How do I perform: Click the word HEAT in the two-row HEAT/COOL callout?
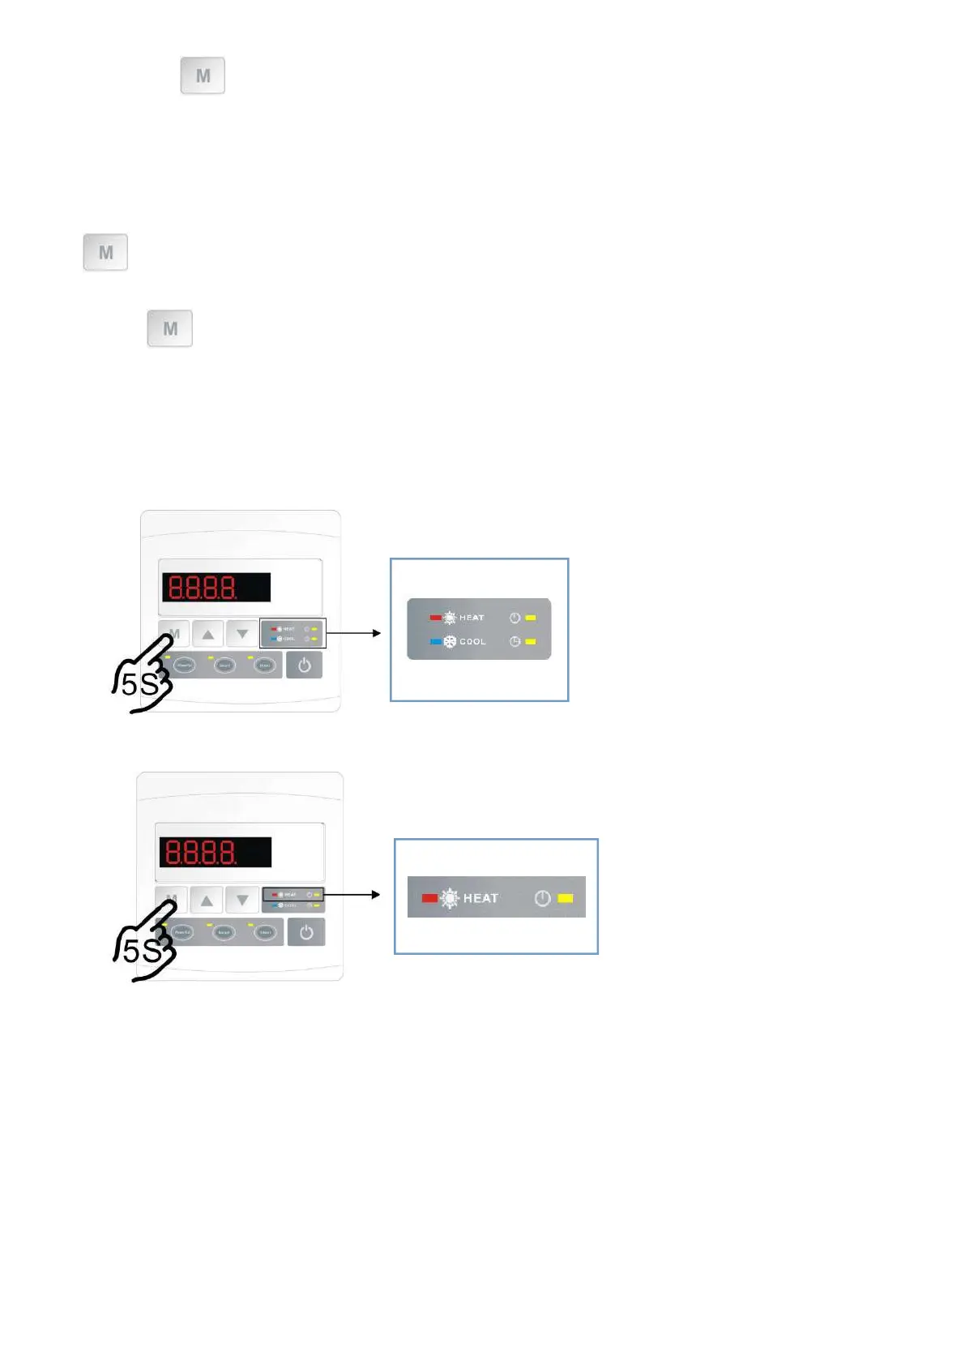[472, 618]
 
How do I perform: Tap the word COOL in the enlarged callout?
[472, 641]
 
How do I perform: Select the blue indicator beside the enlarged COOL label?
[435, 641]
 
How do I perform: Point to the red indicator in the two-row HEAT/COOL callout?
[435, 618]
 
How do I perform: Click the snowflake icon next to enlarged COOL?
[450, 641]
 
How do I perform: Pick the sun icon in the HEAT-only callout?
[449, 898]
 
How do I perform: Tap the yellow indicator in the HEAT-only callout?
[566, 898]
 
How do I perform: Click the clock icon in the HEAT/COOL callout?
[515, 641]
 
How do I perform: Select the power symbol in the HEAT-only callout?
[543, 898]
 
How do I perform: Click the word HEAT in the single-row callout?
[480, 898]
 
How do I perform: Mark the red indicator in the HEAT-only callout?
[429, 898]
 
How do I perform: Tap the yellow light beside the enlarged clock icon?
[531, 641]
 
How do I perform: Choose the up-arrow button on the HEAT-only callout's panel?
[207, 900]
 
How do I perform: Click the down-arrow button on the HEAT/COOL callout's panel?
[241, 634]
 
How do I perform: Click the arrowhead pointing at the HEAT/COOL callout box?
[376, 632]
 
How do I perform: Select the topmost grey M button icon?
[203, 75]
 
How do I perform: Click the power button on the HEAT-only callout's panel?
[306, 932]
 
